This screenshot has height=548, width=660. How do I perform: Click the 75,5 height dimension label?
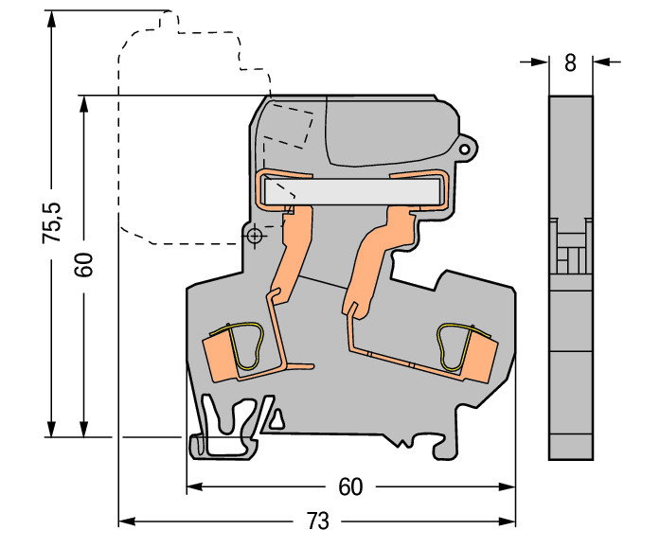pos(52,222)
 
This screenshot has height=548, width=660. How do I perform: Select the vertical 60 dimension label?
pos(83,265)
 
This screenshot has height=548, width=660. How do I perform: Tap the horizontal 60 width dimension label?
pos(350,487)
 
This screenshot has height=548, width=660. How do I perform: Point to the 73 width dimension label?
pos(317,521)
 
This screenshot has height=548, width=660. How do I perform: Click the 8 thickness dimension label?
pos(570,63)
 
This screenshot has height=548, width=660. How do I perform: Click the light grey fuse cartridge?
pos(353,191)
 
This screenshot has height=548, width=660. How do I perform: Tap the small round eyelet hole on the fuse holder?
pos(464,149)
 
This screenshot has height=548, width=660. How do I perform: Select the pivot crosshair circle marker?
pos(254,236)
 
